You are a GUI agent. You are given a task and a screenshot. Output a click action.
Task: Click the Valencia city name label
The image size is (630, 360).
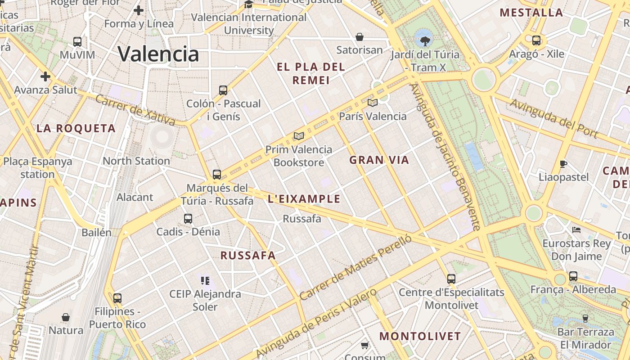point(158,54)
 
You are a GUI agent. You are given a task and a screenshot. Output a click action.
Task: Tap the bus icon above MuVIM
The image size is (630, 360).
point(77,42)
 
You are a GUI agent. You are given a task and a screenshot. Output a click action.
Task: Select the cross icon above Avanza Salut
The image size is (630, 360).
point(45,76)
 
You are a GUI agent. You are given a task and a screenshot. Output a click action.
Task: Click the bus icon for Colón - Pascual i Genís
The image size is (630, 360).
point(223,90)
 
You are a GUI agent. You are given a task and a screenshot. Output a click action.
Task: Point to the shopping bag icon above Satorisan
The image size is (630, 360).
point(360,36)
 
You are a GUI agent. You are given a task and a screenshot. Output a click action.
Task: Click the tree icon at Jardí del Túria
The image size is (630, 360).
point(424,41)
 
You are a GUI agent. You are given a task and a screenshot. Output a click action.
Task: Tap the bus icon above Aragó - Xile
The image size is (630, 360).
point(536,40)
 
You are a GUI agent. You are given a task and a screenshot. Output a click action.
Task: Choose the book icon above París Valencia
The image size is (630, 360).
point(372,103)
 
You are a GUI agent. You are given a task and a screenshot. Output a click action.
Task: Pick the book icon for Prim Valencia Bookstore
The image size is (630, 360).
point(298,136)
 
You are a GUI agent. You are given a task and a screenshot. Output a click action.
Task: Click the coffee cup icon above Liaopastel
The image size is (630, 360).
point(563,164)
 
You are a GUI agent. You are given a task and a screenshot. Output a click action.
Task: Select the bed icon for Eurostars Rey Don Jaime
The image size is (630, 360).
point(576,230)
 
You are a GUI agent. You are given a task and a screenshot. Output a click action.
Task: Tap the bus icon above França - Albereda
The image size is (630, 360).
point(573,276)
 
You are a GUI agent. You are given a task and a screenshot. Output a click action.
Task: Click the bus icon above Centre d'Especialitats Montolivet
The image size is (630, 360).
point(451,279)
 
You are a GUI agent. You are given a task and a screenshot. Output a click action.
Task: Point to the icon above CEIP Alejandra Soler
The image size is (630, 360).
point(205,281)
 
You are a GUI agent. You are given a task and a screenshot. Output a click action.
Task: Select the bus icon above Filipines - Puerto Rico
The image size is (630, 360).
point(117,298)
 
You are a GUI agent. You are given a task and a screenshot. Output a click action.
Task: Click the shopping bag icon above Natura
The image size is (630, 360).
point(66,317)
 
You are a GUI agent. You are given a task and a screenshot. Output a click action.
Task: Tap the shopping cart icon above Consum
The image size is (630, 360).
point(364,346)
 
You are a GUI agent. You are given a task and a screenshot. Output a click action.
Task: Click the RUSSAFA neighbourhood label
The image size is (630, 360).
point(247,256)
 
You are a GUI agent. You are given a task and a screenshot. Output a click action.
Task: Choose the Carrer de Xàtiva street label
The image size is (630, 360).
point(135,110)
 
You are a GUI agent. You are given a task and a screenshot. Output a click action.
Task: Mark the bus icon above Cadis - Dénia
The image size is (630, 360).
point(188,219)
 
